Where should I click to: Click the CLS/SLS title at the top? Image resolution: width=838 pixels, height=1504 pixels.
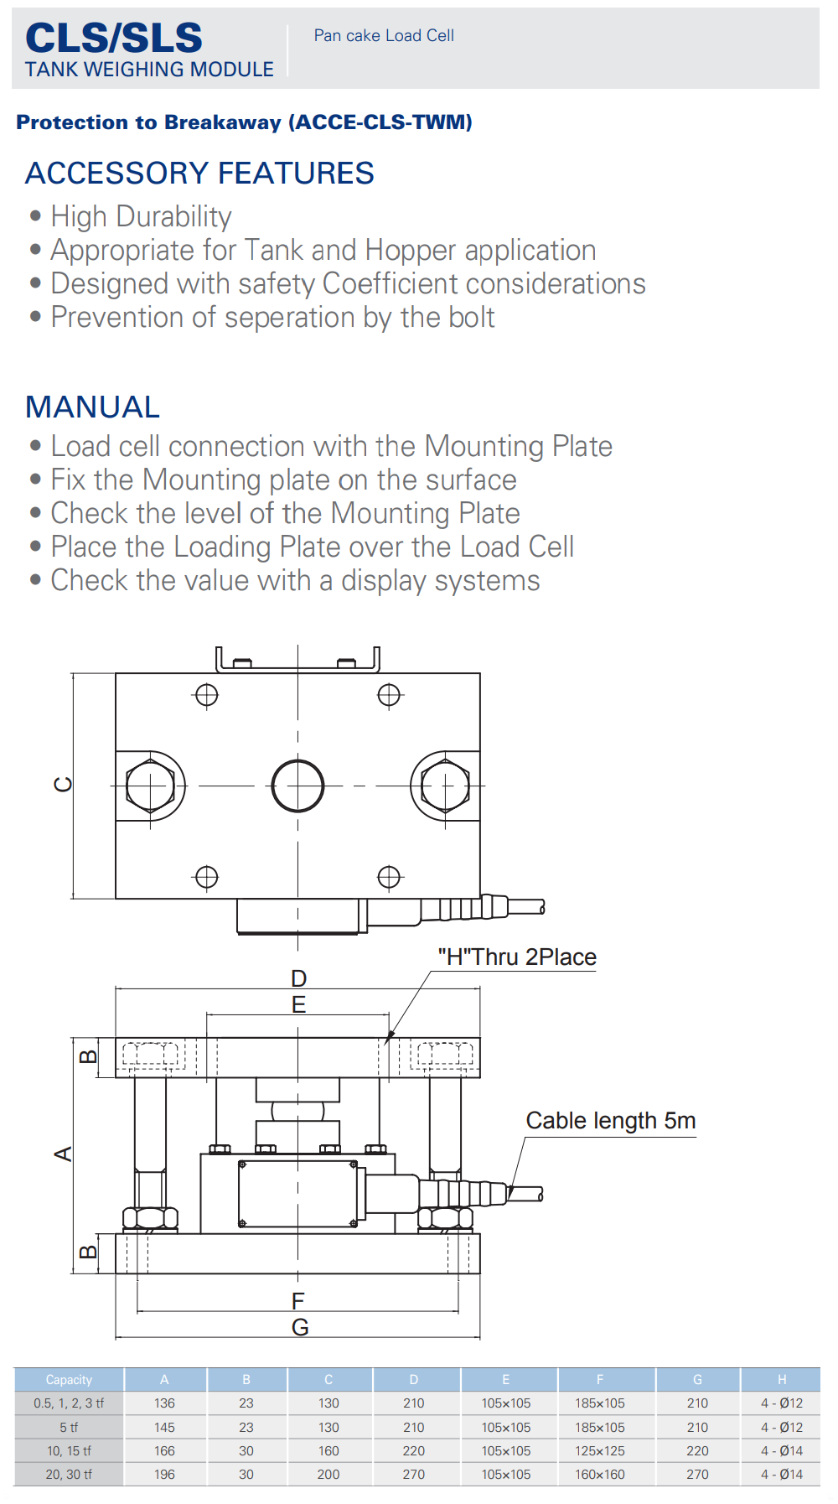[114, 38]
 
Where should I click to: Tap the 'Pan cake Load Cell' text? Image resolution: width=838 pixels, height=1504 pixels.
[384, 35]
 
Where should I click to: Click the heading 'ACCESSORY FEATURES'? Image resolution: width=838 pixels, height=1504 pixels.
[199, 174]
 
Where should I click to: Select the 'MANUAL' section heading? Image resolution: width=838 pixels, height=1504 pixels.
[92, 407]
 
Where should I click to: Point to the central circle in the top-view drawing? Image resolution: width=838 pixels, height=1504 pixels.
[297, 786]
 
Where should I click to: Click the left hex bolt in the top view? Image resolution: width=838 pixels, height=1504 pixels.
[150, 786]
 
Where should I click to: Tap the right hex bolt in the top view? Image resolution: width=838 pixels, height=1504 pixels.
[445, 786]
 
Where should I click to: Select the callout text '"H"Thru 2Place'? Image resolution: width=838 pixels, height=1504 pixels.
[517, 957]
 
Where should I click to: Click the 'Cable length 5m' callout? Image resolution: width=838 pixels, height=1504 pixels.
[610, 1121]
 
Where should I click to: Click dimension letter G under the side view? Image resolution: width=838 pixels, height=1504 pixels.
[299, 1327]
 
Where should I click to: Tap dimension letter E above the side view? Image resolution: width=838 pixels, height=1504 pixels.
[298, 1004]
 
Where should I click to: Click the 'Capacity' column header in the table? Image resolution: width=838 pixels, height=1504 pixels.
[69, 1380]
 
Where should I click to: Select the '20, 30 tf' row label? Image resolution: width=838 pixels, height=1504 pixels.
[69, 1475]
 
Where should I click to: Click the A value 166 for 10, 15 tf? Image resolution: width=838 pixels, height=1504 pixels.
[164, 1451]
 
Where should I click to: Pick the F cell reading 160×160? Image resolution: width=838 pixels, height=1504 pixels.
[600, 1475]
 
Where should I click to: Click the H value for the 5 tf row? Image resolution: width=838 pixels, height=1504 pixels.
[781, 1428]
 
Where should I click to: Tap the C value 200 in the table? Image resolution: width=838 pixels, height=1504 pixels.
[328, 1475]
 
